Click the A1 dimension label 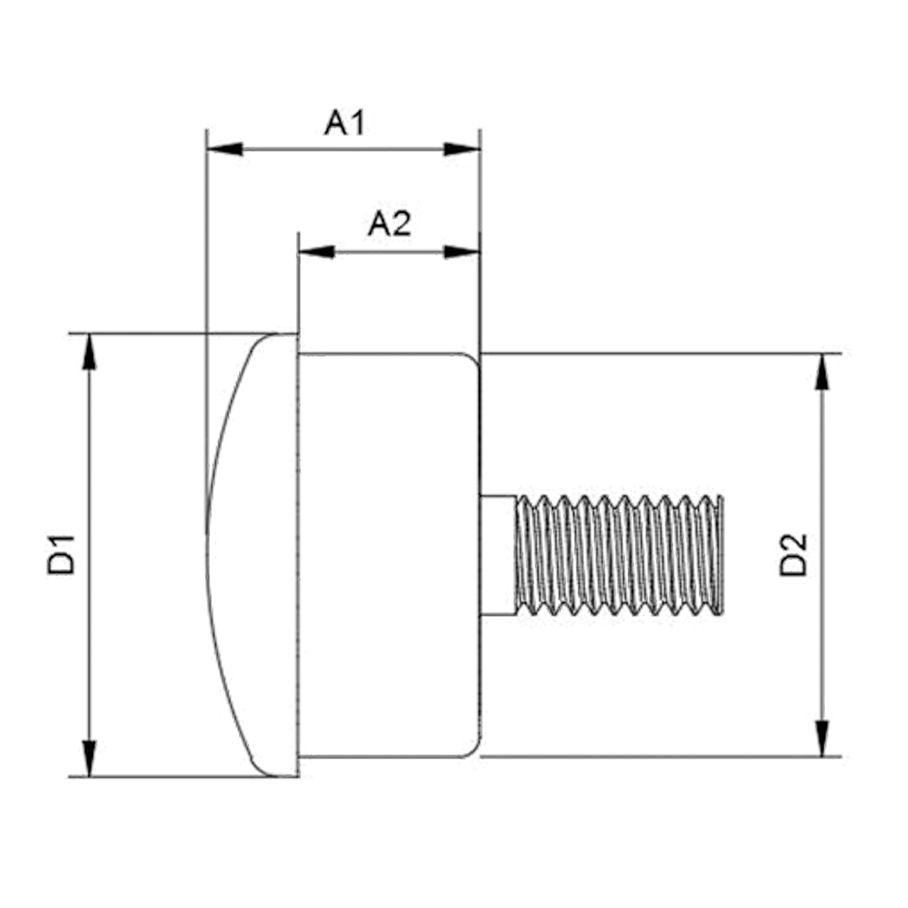[x=345, y=123]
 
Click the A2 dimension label [x=389, y=224]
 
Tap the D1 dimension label [x=61, y=555]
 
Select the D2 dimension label [x=793, y=555]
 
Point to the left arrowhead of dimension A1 [x=225, y=150]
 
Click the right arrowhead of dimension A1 [x=462, y=150]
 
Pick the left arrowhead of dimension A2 [x=316, y=252]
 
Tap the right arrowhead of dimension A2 [x=462, y=252]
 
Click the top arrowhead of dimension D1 [x=89, y=352]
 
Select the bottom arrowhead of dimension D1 [x=89, y=758]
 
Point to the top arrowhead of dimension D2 [x=822, y=371]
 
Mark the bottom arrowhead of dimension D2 [x=822, y=738]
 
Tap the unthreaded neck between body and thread [x=497, y=555]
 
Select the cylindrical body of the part [x=389, y=555]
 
